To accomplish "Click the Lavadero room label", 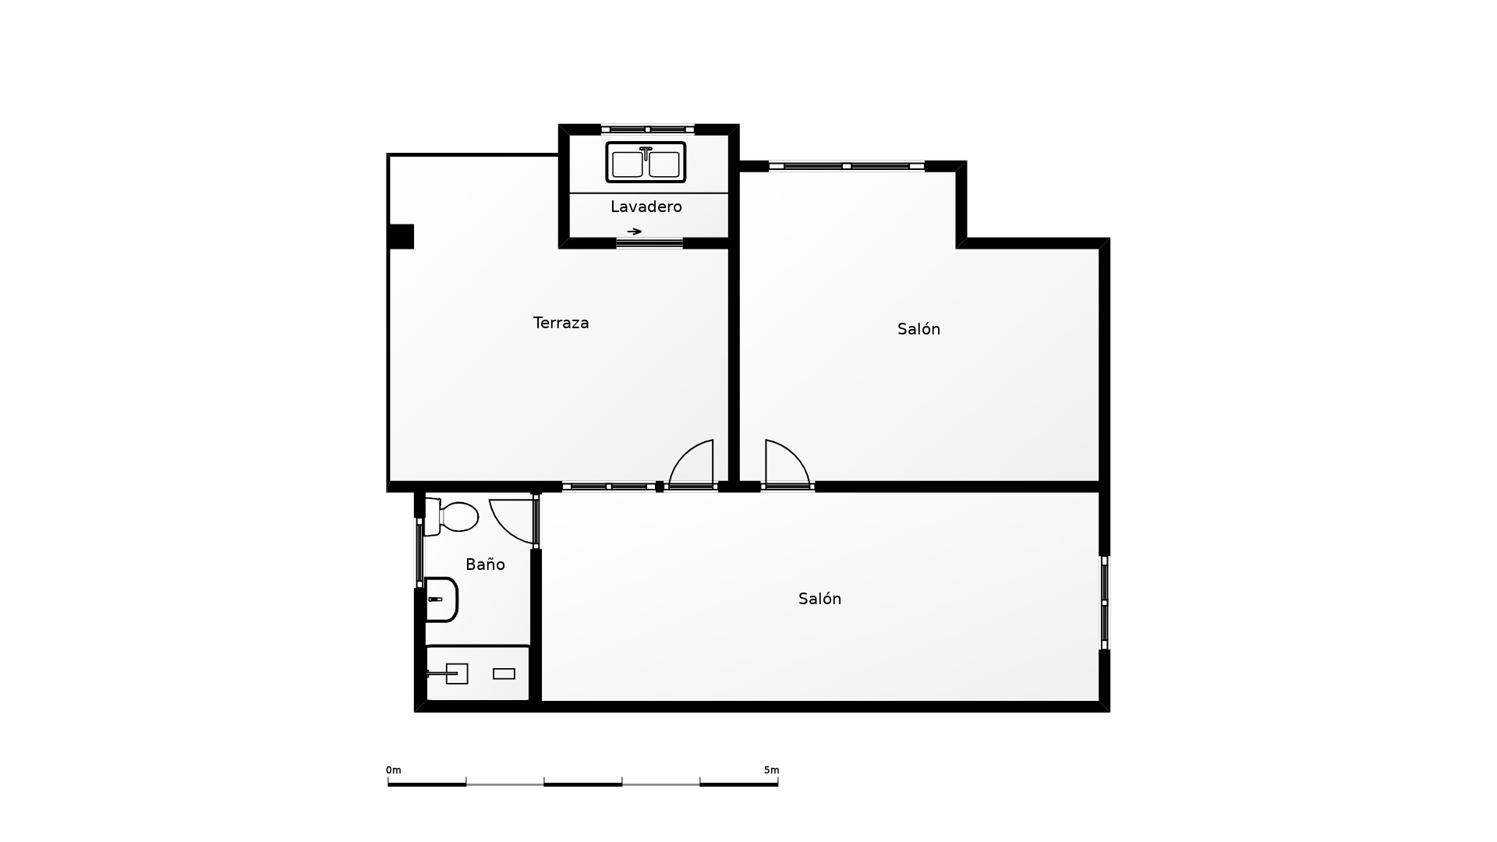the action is tap(646, 207).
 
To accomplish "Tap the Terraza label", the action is tap(561, 323).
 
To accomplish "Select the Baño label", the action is tap(485, 564).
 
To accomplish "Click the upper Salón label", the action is tap(918, 329).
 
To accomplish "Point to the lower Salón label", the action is tap(819, 599).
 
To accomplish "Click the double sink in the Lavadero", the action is tap(646, 162).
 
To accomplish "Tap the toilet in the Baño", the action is tap(451, 516).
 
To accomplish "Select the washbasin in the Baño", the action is tap(441, 600).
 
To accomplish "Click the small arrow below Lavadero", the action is tap(635, 232).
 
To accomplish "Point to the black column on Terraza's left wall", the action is tap(401, 236).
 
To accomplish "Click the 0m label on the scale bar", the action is tap(393, 770).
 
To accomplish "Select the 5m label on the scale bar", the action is tap(771, 770).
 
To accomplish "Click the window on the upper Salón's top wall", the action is tap(847, 166).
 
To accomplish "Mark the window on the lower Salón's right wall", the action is tap(1105, 603).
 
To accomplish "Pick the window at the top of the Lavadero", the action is tap(647, 129).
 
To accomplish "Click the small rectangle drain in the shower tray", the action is tap(504, 674).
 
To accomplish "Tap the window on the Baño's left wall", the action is tap(419, 553).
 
